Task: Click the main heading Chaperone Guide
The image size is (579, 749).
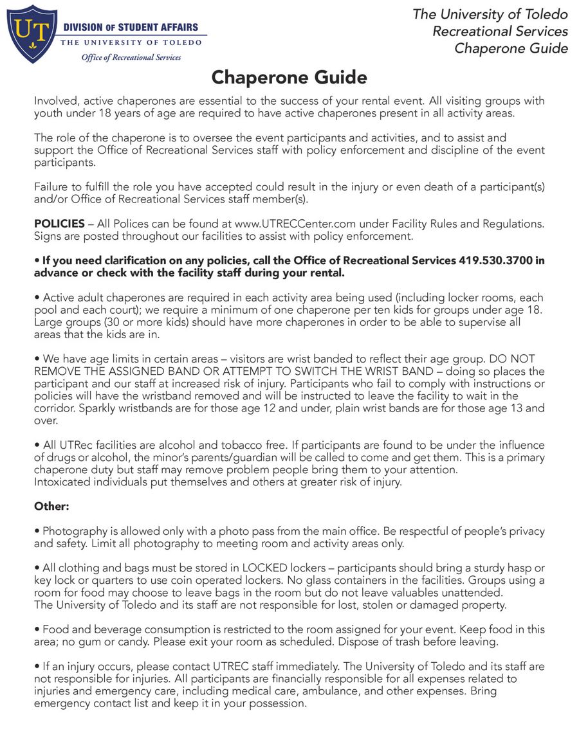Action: (x=289, y=78)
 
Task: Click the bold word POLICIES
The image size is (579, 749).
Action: (x=59, y=224)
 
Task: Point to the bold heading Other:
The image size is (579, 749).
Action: (x=51, y=506)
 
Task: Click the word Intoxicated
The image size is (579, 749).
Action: (x=64, y=482)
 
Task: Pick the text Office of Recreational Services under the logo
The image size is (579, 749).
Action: (x=131, y=57)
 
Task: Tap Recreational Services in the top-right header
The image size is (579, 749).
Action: (x=500, y=31)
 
